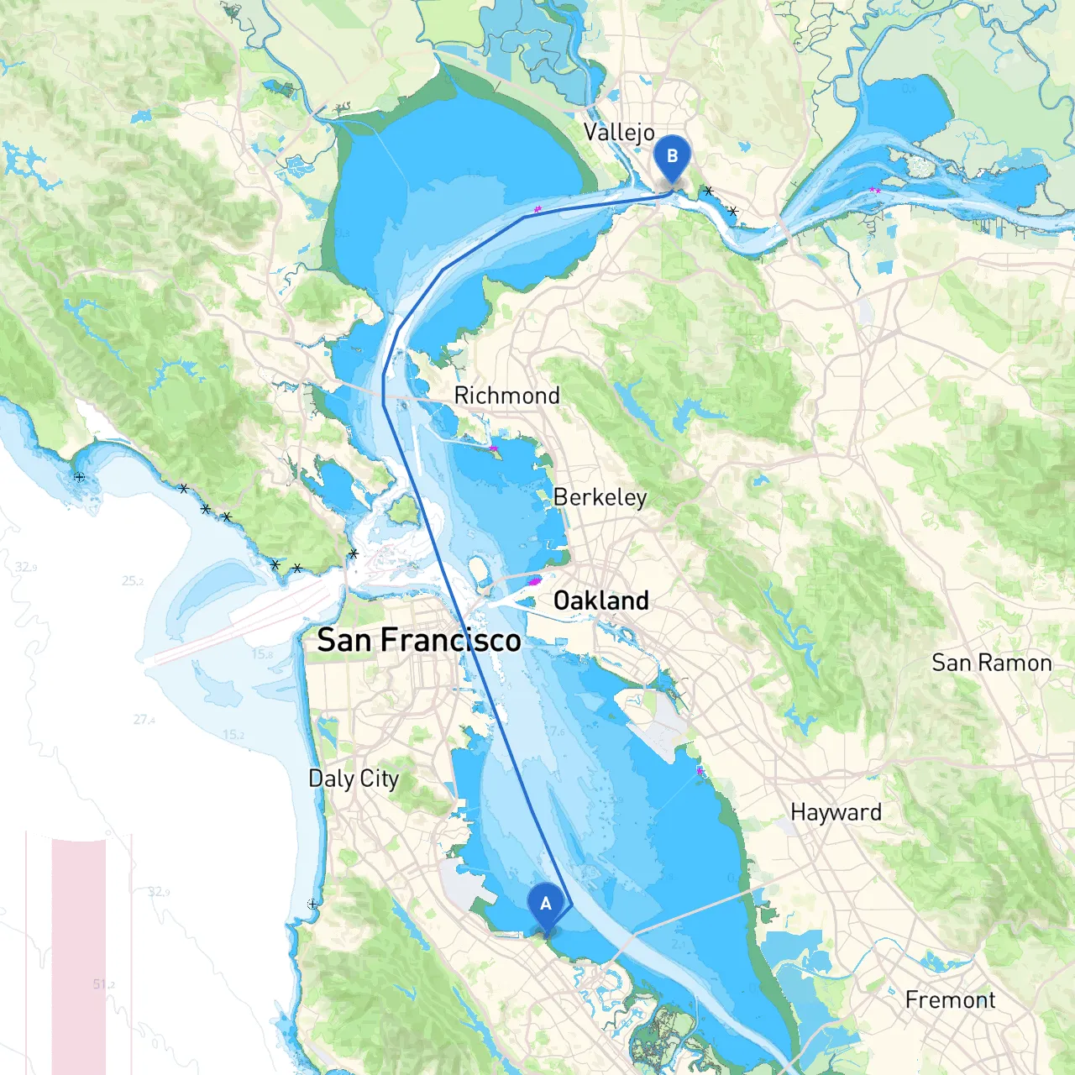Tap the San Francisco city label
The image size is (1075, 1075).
pos(419,641)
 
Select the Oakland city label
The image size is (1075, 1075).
pos(601,600)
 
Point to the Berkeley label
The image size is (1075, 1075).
pos(600,497)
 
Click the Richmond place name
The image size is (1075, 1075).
pos(506,396)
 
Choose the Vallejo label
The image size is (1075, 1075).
pos(619,133)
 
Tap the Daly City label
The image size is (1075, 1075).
pos(354,779)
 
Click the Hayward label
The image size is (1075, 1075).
pos(836,812)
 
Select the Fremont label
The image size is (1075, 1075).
pos(950,999)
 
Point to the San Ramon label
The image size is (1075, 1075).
pos(991,663)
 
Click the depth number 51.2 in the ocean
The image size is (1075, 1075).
pos(104,984)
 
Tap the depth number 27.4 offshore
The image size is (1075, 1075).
pos(144,720)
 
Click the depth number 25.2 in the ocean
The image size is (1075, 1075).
pos(133,580)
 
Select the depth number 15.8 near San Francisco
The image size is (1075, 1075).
pos(262,653)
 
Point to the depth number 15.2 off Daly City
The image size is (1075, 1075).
pos(233,735)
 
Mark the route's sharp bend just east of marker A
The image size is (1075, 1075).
pos(570,905)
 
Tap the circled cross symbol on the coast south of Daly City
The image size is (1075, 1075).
pos(312,904)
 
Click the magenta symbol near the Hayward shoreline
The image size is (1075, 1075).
pos(700,770)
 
